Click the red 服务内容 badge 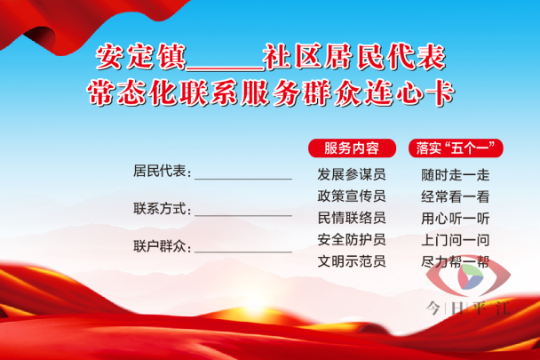pos(352,148)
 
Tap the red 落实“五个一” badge pos(456,148)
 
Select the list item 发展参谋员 pos(352,174)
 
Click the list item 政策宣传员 pos(352,196)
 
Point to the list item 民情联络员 pos(352,218)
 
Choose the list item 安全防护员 pos(352,239)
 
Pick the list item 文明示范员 pos(352,261)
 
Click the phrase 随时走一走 pos(456,175)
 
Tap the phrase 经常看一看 pos(456,196)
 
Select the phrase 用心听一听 pos(456,219)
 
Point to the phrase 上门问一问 pos(456,240)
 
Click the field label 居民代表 pos(160,171)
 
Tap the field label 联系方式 pos(160,209)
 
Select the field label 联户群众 pos(160,246)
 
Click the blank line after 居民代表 pos(243,180)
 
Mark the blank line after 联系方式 pos(243,216)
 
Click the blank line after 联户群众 pos(243,252)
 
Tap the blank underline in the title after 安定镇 pos(226,69)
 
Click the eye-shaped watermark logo pos(468,276)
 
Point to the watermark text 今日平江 pos(468,308)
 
